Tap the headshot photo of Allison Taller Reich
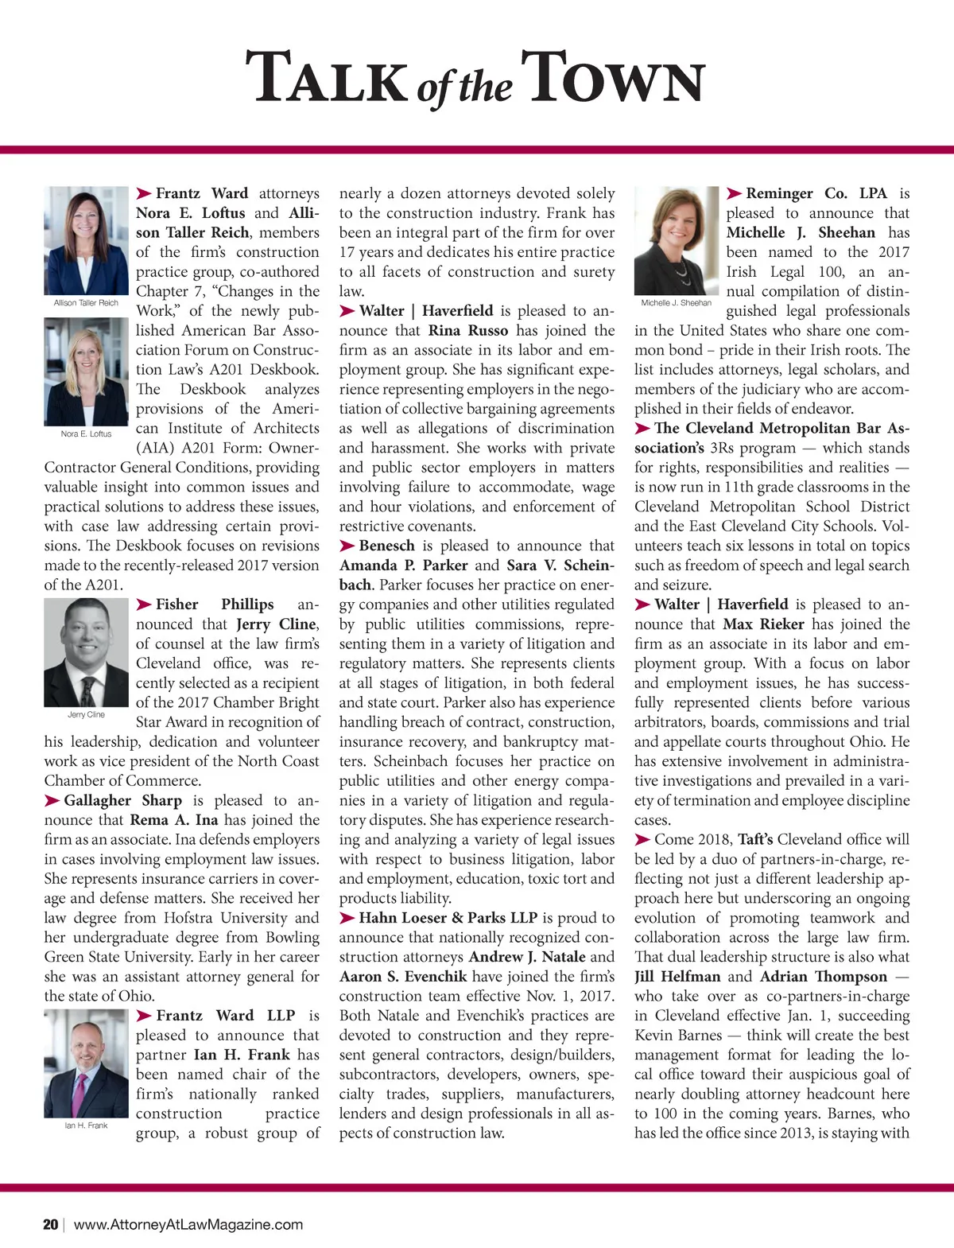86,241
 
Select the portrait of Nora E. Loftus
86,372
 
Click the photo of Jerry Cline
86,652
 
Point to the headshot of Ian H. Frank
86,1063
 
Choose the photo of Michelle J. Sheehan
677,241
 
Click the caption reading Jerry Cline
86,714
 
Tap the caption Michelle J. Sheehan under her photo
677,303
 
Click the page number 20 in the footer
51,1224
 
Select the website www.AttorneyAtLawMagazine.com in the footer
188,1224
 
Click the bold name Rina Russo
468,330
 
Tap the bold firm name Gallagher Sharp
123,800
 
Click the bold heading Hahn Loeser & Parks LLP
448,918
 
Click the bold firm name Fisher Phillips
215,605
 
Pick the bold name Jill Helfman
677,977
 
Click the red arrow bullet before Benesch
347,546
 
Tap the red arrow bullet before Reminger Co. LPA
734,193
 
